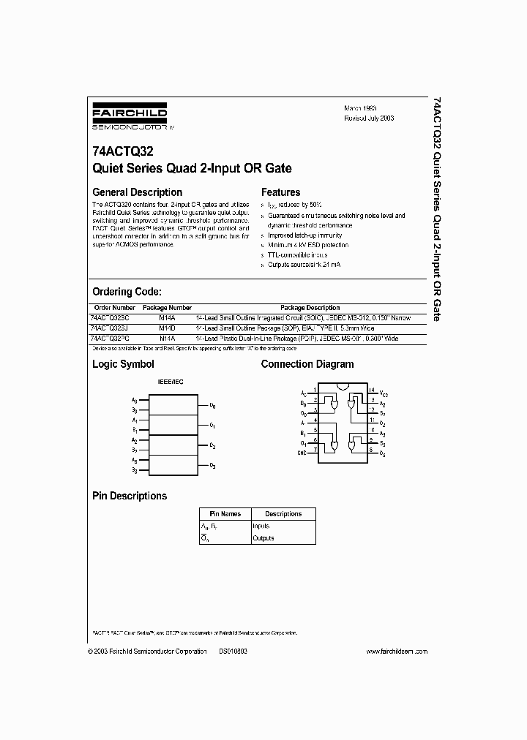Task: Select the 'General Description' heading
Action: click(x=136, y=192)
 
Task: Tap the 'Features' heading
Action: click(x=280, y=192)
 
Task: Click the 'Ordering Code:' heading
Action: click(x=132, y=291)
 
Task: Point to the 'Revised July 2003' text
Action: click(x=369, y=118)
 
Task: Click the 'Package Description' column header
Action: click(x=310, y=308)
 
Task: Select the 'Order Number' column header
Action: click(x=114, y=308)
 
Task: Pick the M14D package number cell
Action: click(x=167, y=328)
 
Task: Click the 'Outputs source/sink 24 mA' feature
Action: click(x=304, y=264)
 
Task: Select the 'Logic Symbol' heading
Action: click(x=123, y=364)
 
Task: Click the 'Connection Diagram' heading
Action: click(x=307, y=364)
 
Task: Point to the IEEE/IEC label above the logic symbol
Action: click(x=171, y=382)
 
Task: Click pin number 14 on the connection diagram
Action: click(x=371, y=390)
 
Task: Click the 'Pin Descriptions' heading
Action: click(x=130, y=496)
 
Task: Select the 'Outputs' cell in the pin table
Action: click(x=263, y=538)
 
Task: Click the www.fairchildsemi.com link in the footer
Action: click(x=396, y=651)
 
